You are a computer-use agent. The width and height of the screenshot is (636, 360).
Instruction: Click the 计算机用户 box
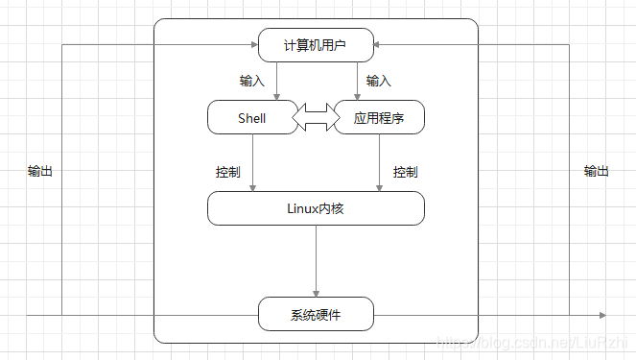point(316,44)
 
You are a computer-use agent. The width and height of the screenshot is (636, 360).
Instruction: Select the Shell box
point(251,118)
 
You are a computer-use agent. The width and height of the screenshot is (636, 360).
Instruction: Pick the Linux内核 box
point(316,207)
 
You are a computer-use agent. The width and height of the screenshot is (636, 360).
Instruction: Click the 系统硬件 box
point(316,314)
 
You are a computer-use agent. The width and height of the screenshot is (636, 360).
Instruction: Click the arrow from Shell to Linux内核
point(252,161)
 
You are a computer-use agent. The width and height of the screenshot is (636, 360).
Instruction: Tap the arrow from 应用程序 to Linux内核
point(378,161)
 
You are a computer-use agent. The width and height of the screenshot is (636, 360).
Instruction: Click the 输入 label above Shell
point(251,81)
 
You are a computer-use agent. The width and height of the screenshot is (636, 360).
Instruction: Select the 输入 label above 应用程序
point(378,81)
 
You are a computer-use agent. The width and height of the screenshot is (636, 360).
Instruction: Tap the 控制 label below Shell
point(228,173)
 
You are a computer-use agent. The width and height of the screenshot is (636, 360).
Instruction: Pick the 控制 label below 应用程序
point(405,173)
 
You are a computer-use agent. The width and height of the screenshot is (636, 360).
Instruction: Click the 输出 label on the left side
point(40,171)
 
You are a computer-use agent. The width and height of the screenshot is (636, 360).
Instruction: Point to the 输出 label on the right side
point(596,171)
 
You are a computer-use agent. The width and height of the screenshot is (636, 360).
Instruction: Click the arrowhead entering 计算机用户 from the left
point(253,44)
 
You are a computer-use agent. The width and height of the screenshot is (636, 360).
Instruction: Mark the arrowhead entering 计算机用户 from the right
point(379,44)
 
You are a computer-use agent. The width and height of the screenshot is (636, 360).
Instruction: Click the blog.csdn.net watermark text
point(532,343)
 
